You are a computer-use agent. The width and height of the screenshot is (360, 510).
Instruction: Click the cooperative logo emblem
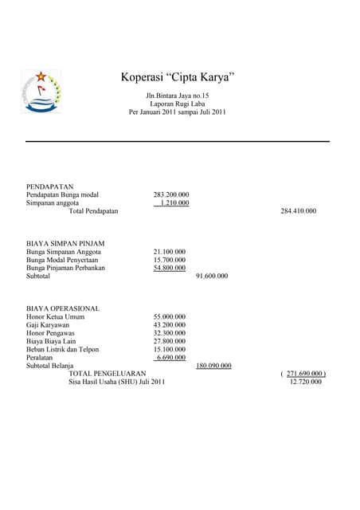coord(41,91)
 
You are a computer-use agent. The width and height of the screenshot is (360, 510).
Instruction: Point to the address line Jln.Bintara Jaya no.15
coord(177,96)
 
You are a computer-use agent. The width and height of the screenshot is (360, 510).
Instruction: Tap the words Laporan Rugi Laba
coord(177,104)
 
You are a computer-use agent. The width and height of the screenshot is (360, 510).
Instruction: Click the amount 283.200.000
coord(171,194)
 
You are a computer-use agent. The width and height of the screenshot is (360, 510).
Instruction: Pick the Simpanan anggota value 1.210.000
coord(174,203)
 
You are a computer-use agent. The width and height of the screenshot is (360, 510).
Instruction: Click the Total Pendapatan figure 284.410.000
coord(299,211)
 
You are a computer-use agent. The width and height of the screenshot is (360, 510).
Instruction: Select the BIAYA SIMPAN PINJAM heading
coord(65,243)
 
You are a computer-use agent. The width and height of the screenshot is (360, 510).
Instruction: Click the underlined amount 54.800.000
coord(170,268)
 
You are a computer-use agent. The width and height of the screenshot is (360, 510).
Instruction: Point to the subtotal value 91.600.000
coord(212,277)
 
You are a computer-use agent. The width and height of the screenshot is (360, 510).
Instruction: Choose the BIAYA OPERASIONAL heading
coord(63,308)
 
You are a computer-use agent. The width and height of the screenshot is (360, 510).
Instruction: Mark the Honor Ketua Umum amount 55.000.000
coord(170,317)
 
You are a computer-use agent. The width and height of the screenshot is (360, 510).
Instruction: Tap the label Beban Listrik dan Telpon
coord(68,349)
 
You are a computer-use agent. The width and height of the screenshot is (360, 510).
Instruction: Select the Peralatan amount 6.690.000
coord(171,358)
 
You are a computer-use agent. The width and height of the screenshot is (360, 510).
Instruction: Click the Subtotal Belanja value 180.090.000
coord(213,366)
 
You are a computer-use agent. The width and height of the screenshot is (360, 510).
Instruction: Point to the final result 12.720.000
coord(306,382)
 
